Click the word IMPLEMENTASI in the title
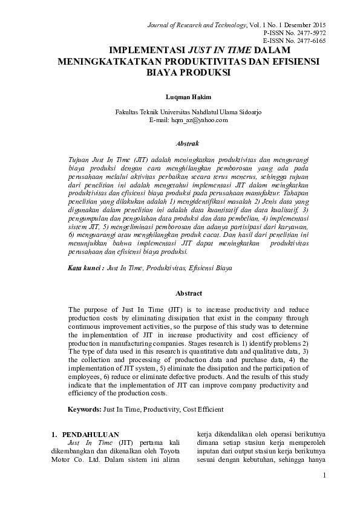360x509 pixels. pyautogui.click(x=148, y=51)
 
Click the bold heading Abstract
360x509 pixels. pyautogui.click(x=188, y=293)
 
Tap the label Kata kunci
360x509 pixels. pyautogui.click(x=85, y=267)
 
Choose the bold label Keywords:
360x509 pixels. pyautogui.click(x=84, y=409)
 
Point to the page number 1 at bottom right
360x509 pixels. pyautogui.click(x=324, y=476)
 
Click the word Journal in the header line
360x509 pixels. pyautogui.click(x=159, y=24)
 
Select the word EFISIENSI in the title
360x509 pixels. pyautogui.click(x=293, y=62)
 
